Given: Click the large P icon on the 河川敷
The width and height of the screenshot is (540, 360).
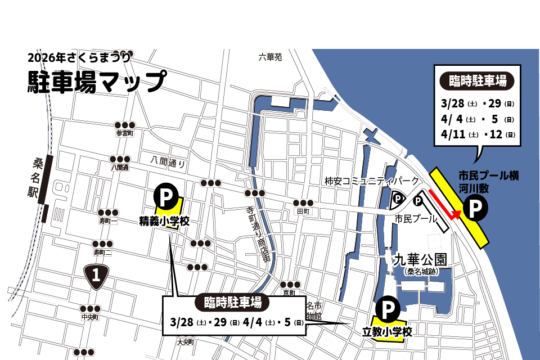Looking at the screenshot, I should click(475, 209).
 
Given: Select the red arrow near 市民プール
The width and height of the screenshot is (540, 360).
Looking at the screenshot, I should click(445, 205).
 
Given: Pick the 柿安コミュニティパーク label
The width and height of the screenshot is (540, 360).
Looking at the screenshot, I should click(372, 181).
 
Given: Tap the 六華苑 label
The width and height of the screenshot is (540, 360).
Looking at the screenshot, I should click(270, 57).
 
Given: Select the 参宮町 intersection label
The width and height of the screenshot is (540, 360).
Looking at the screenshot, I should click(125, 134).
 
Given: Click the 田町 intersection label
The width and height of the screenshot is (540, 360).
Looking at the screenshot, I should click(303, 211).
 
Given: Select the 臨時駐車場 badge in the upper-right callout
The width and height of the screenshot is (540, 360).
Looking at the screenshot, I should click(477, 80).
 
